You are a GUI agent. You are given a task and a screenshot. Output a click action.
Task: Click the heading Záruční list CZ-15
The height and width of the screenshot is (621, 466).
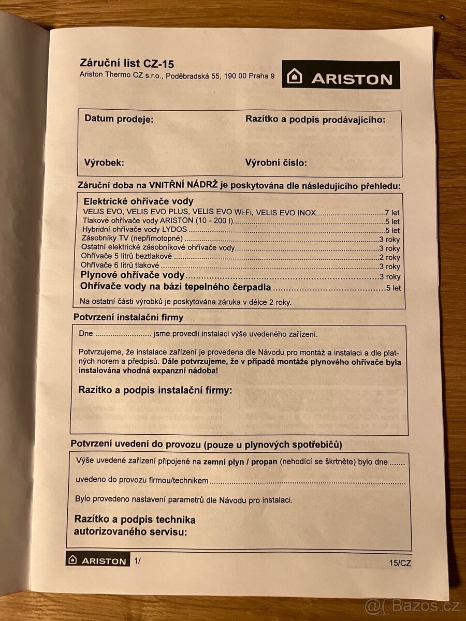click(x=126, y=64)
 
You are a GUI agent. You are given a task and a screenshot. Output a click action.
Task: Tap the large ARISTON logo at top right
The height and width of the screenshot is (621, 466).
click(x=341, y=75)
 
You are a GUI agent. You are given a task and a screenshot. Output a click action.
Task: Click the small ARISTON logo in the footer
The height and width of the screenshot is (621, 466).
click(x=98, y=560)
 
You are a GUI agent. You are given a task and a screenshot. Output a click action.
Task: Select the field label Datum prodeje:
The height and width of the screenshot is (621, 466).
click(x=119, y=119)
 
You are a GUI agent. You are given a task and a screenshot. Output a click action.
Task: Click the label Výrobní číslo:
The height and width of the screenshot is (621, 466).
click(x=276, y=163)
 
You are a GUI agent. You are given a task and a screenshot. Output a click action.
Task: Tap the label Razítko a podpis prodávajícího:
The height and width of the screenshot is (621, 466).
click(x=315, y=120)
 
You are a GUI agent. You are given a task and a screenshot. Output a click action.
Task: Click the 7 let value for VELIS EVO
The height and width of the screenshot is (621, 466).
click(x=392, y=212)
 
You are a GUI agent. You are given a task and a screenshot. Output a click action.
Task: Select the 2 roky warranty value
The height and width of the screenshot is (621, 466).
click(x=389, y=257)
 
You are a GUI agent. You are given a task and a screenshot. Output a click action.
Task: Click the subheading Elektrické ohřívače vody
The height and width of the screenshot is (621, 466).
click(x=138, y=201)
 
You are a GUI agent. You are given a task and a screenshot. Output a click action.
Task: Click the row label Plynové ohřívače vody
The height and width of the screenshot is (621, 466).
click(x=133, y=276)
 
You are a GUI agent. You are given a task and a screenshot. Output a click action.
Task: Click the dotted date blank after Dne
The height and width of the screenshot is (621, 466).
click(x=123, y=334)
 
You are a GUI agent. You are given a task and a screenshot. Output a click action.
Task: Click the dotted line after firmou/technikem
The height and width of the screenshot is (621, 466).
click(x=308, y=482)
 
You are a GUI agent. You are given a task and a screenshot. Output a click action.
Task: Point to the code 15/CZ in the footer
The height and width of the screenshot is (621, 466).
click(x=400, y=564)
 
